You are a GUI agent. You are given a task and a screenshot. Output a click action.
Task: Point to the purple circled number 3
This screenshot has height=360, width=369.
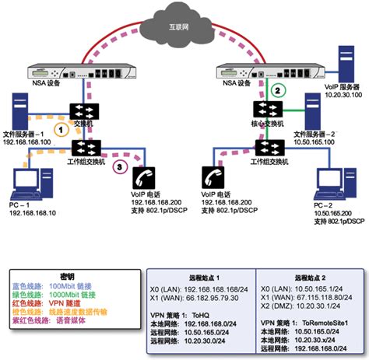point(117,166)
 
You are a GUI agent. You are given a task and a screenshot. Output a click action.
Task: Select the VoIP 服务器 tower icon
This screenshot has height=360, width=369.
point(346,65)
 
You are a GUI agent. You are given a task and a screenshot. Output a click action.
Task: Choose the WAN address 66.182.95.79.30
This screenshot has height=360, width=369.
point(192,297)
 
